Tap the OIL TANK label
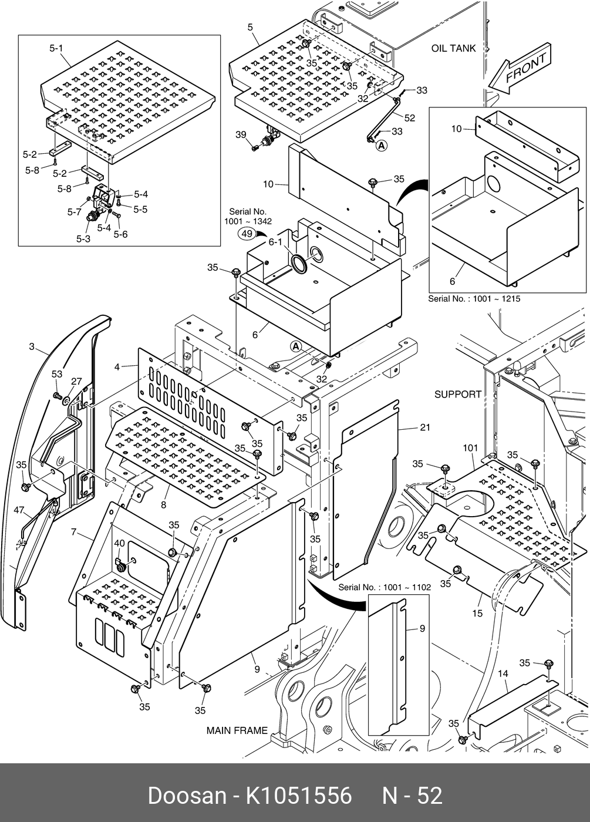453,48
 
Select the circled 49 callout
248,234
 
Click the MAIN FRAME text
237,730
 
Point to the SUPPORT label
457,394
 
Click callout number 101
470,448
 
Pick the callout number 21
425,427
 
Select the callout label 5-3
83,239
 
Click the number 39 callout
241,135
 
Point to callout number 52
409,118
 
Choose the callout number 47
19,510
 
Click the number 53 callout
56,374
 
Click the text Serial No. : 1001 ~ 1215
474,298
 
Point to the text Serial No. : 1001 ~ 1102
385,587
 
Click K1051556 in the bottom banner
298,796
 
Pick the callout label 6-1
275,242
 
